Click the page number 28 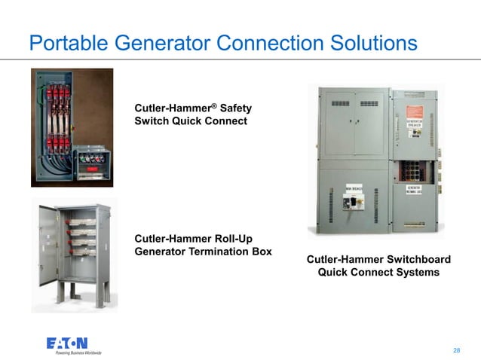pos(456,350)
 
